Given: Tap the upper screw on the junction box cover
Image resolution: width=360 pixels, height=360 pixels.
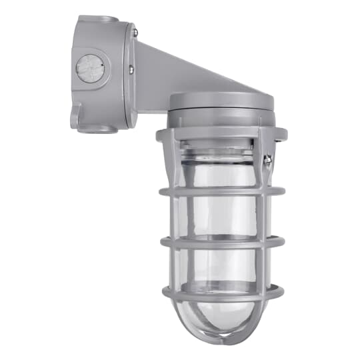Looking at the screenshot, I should (134, 32).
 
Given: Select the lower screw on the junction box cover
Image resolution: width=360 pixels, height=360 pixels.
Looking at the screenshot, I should (131, 65).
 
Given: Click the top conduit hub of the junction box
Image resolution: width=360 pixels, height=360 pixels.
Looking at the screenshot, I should (97, 21).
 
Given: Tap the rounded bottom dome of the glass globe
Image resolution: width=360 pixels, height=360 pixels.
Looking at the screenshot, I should (220, 320).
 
